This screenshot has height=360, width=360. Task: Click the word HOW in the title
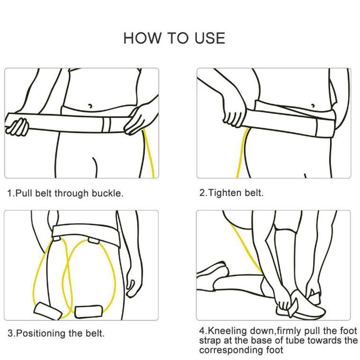click(142, 38)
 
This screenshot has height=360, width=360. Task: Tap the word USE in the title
click(210, 38)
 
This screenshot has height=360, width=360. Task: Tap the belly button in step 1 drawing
click(90, 106)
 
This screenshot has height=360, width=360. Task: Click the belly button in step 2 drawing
click(313, 106)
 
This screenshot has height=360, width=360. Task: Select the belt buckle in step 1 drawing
click(106, 125)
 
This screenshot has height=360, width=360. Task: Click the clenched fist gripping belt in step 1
click(18, 127)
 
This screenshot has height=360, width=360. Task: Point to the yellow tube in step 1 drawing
click(148, 153)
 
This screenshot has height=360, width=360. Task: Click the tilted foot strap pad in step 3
click(48, 311)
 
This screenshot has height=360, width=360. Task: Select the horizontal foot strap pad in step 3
click(88, 311)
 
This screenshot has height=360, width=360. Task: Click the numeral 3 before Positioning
click(10, 333)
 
